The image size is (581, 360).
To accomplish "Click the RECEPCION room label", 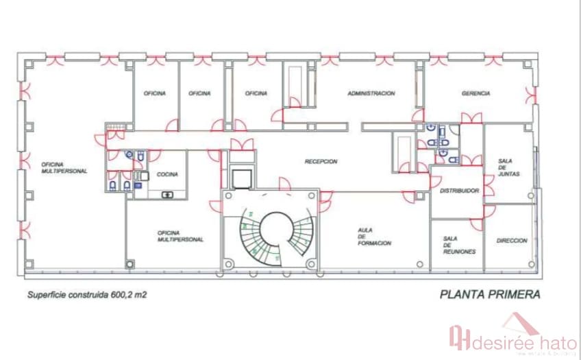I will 321,162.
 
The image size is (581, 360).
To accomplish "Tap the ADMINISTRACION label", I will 371,93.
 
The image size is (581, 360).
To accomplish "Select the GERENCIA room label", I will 475,93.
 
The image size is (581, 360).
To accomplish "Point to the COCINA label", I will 167,174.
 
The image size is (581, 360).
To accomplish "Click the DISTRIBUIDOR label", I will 459,191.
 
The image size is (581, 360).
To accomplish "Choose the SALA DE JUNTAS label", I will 509,168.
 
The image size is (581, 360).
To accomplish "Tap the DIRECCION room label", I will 512,241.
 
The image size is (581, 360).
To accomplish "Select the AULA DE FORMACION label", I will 374,237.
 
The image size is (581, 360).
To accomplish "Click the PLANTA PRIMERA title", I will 490,295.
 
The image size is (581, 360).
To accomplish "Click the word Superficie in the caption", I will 49,296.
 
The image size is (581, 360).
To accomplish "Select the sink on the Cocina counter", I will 166,195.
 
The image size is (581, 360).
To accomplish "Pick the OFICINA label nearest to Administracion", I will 256,93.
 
